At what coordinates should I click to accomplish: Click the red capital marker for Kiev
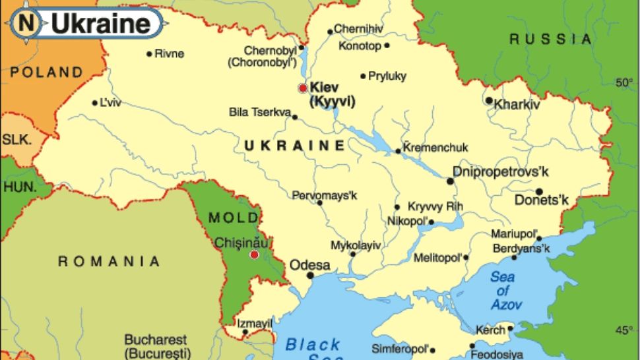[x=303, y=88]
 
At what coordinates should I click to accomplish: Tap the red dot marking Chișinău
[x=254, y=255]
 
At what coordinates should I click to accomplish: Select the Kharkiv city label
[x=517, y=104]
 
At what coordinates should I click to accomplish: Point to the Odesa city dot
[x=310, y=276]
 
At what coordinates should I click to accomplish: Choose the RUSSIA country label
[x=550, y=40]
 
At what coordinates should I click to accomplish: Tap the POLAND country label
[x=46, y=72]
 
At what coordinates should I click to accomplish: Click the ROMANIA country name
[x=109, y=262]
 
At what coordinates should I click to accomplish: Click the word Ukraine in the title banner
[x=100, y=24]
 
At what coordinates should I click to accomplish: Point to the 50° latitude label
[x=624, y=82]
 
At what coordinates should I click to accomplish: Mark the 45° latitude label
[x=624, y=330]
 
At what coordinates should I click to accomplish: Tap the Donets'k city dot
[x=538, y=191]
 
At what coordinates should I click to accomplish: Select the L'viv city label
[x=111, y=103]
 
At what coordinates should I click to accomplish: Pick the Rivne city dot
[x=149, y=53]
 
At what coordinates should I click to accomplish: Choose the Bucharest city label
[x=156, y=340]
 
